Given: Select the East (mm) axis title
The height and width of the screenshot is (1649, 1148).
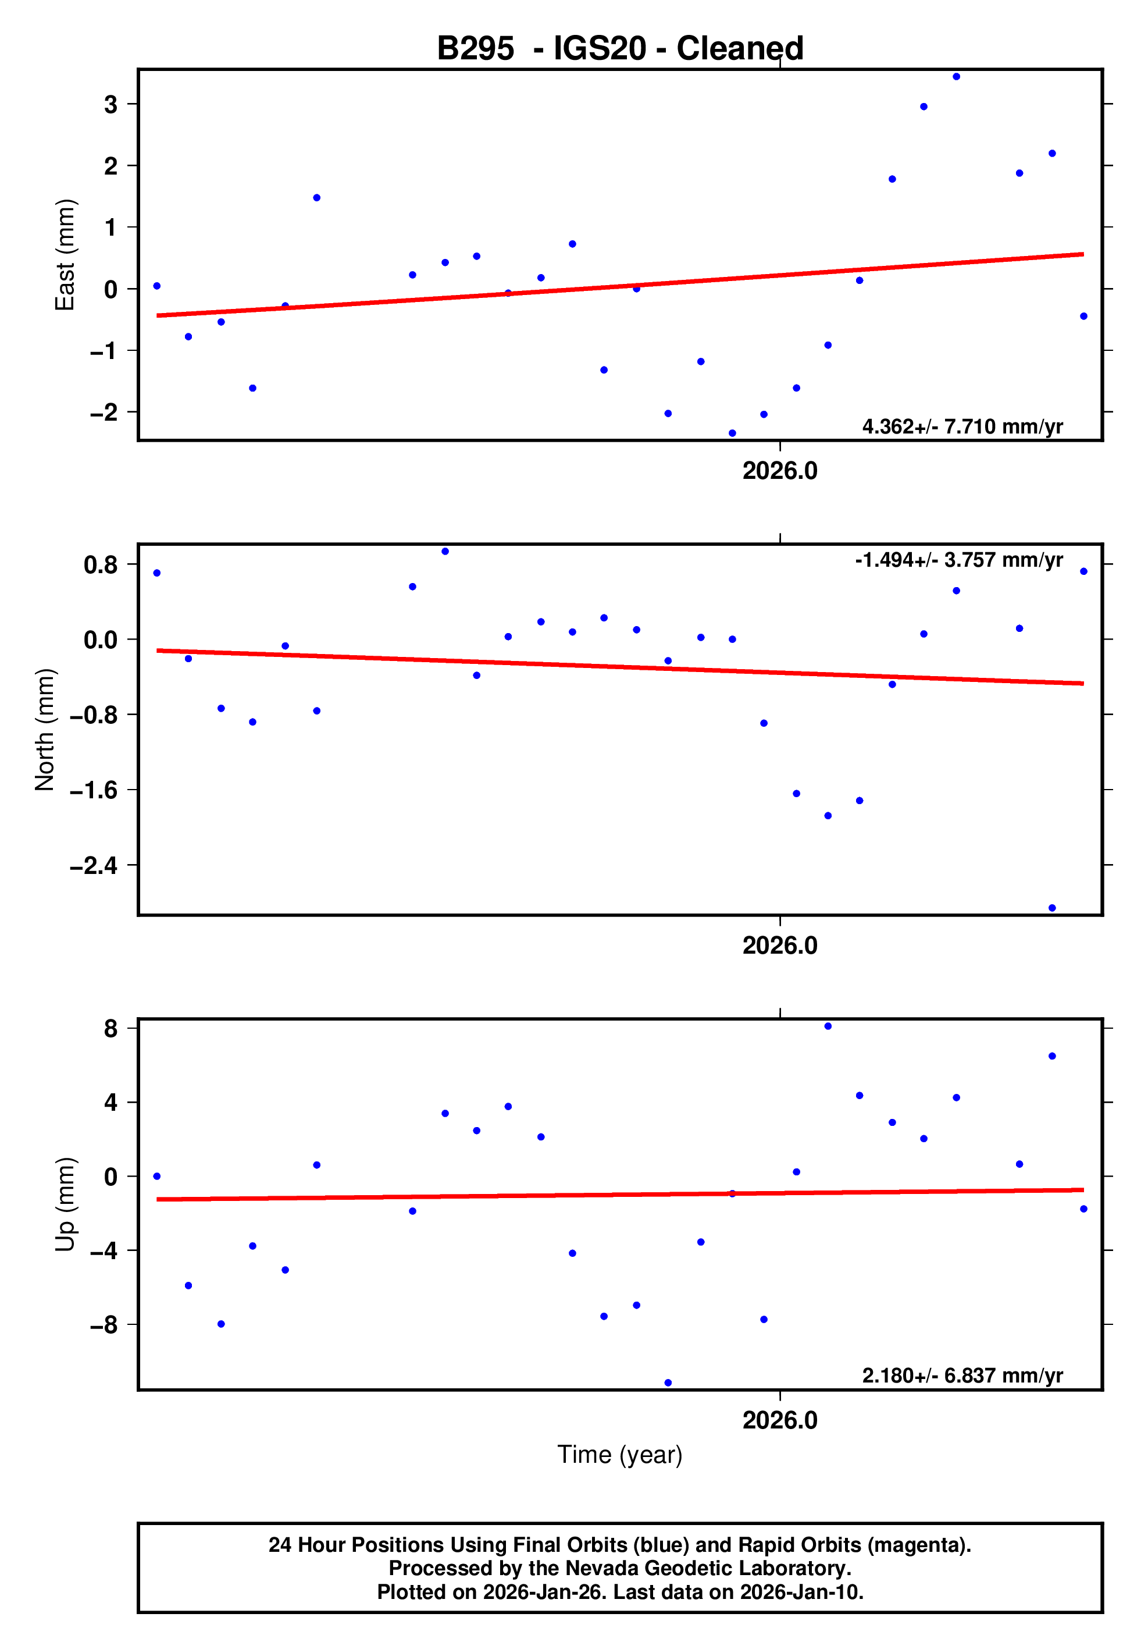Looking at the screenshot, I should (x=65, y=255).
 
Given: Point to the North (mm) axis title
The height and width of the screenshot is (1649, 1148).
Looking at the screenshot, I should (x=45, y=730).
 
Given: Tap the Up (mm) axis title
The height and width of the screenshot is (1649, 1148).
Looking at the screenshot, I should (x=65, y=1204).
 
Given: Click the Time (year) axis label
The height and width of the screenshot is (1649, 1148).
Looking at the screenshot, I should (x=619, y=1454).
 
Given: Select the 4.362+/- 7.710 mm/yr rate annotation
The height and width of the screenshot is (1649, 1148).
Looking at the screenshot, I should (x=962, y=427).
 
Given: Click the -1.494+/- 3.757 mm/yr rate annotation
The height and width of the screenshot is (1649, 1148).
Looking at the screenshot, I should (x=958, y=560).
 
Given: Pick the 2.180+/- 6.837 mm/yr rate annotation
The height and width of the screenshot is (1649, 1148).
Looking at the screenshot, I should (x=962, y=1376).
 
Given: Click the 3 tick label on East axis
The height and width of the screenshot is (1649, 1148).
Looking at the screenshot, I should (x=110, y=105).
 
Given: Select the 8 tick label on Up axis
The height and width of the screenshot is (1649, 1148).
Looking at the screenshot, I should (x=110, y=1029).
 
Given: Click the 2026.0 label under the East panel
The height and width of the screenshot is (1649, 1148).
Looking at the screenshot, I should (x=780, y=471).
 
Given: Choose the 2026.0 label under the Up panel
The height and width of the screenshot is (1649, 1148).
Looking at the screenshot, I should (x=780, y=1420).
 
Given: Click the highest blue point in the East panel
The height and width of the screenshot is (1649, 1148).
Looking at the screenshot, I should (x=956, y=77).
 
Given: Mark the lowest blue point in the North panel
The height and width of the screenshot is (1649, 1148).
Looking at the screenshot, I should (x=1052, y=908).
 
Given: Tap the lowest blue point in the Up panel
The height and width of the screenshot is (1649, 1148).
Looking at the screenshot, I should (x=668, y=1383).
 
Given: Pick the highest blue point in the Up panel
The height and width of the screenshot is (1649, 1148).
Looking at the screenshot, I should (x=828, y=1026).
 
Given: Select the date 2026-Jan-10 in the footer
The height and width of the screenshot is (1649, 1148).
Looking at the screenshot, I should (x=801, y=1592).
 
